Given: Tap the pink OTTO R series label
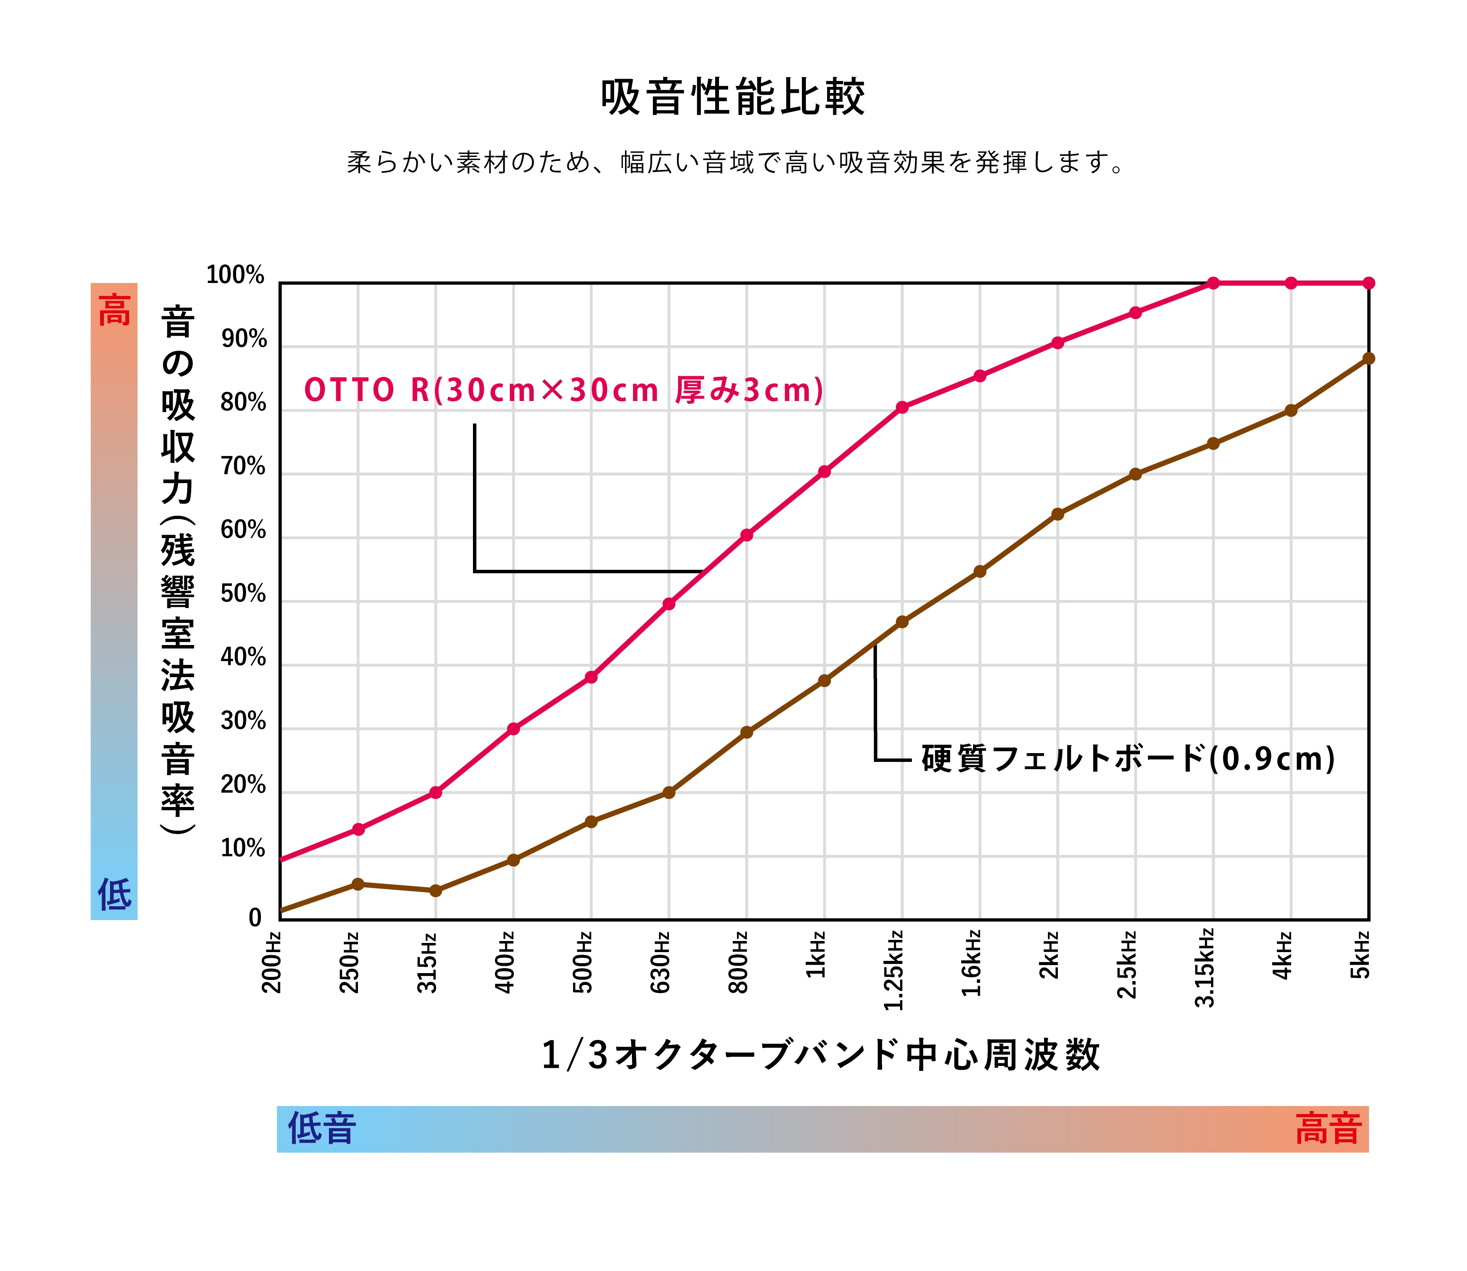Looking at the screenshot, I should tap(564, 390).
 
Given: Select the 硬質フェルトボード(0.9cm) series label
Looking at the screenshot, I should tap(1128, 759).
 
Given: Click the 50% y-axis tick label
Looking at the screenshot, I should tap(243, 593).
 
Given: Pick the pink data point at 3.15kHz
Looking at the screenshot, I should tap(1213, 283).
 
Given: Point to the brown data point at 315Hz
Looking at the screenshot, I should tap(436, 890).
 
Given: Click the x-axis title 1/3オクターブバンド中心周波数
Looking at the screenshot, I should tap(821, 1055).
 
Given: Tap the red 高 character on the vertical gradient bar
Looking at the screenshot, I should tap(114, 310).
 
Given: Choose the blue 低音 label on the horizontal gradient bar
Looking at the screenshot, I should tap(321, 1128).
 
